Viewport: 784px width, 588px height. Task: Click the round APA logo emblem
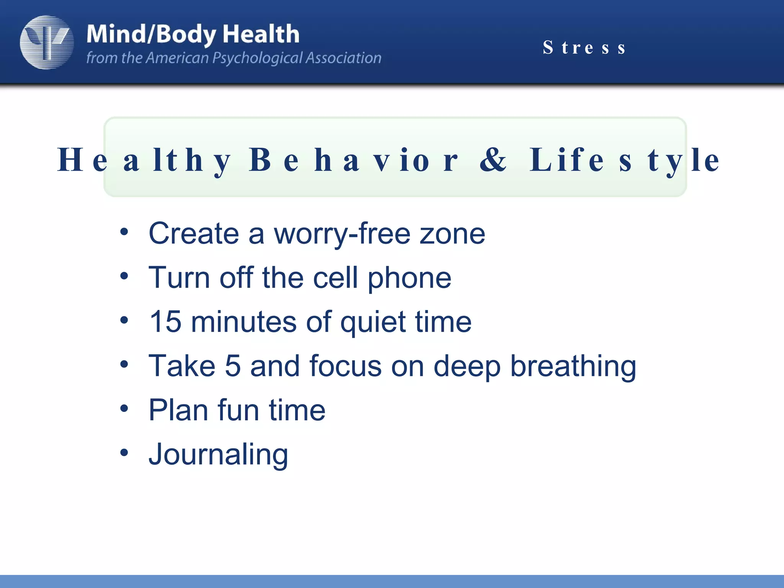47,42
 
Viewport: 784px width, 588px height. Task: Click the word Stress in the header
584,48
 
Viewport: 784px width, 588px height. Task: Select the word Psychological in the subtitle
257,58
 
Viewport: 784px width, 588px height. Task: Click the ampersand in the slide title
493,160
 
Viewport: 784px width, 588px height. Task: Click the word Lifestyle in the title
624,160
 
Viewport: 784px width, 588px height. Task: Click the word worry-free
342,234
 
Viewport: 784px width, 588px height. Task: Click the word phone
409,278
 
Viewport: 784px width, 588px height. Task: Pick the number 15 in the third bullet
165,322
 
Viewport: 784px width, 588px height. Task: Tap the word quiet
373,322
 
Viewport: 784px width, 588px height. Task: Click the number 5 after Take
233,366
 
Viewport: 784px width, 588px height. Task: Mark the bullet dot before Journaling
124,453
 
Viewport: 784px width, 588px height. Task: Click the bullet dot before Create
124,232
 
